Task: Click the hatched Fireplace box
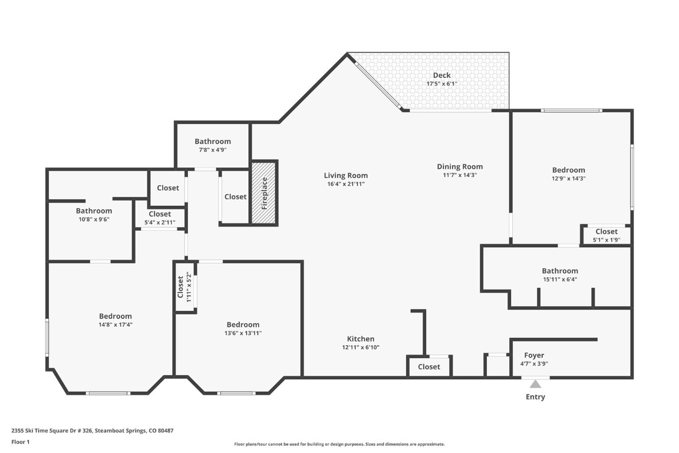tap(264, 193)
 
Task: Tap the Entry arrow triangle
tap(535, 384)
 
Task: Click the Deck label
tap(441, 75)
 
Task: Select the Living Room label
tap(345, 175)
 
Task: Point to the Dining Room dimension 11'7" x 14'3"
tap(460, 175)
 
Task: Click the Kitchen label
tap(360, 339)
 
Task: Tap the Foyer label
tap(534, 355)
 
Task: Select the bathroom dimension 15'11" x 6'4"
tap(560, 280)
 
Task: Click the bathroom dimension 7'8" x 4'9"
tap(213, 150)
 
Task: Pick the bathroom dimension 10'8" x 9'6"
tap(94, 219)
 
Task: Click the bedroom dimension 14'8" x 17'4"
tap(116, 324)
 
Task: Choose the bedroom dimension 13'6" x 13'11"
tap(243, 333)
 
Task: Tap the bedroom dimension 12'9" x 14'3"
tap(568, 179)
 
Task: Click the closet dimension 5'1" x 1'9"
tap(606, 240)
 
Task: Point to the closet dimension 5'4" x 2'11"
tap(160, 222)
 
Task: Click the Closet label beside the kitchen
tap(429, 367)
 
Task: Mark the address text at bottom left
tap(93, 431)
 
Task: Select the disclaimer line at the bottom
tap(339, 444)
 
